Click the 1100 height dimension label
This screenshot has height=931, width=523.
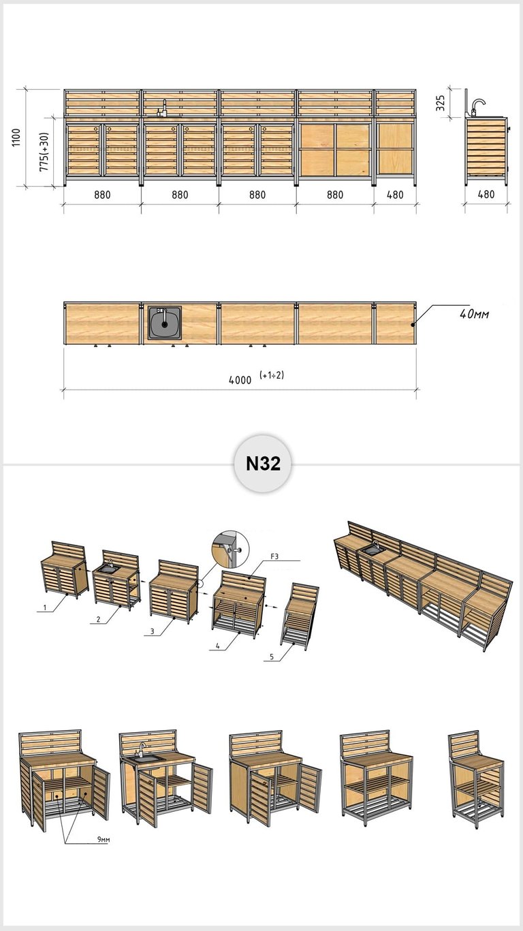pos(16,137)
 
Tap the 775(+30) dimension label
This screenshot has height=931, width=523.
pos(44,152)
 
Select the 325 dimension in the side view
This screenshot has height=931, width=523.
pos(441,103)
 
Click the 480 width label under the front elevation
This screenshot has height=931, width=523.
pos(395,195)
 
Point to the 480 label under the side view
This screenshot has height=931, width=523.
pos(486,194)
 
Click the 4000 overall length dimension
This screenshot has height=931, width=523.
pos(240,380)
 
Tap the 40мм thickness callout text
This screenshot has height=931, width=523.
pos(475,314)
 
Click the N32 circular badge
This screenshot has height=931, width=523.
pos(263,463)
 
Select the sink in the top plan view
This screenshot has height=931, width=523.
pos(165,324)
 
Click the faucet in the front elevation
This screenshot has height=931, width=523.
pos(162,108)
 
